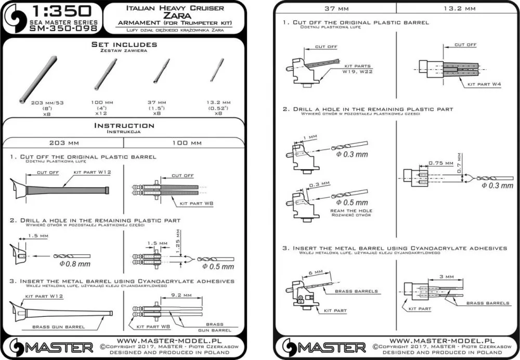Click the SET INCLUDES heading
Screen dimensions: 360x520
point(124,45)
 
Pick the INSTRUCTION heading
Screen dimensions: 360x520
point(124,125)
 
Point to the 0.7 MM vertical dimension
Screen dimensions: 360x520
point(459,163)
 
